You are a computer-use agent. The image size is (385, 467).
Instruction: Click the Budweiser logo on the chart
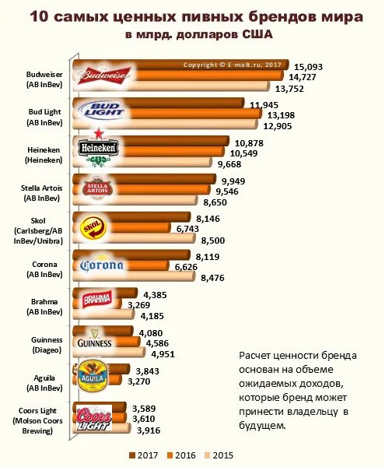[103, 75]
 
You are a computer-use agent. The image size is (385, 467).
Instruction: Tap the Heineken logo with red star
[99, 149]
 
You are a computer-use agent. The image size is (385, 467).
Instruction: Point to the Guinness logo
[95, 342]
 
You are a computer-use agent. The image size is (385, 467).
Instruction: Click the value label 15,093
[308, 66]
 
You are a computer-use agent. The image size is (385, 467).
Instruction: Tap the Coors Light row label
[40, 421]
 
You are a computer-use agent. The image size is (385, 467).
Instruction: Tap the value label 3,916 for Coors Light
[149, 430]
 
